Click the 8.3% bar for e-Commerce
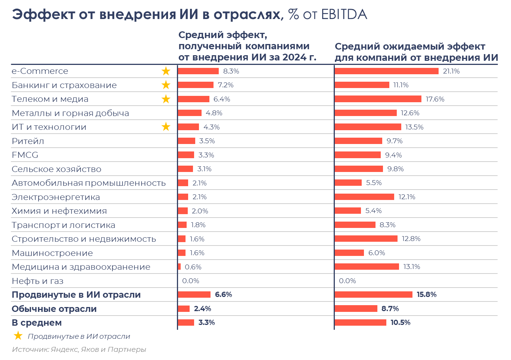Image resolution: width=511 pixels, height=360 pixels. pyautogui.click(x=198, y=71)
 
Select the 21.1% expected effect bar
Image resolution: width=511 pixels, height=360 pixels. pyautogui.click(x=386, y=71)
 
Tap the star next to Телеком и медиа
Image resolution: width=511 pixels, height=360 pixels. pyautogui.click(x=166, y=99)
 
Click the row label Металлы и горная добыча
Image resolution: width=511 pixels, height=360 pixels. pyautogui.click(x=70, y=113)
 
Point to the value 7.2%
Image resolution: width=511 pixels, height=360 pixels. pyautogui.click(x=226, y=85)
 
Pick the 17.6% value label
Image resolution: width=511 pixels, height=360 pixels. pyautogui.click(x=435, y=99)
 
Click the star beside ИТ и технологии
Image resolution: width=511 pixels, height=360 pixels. pyautogui.click(x=166, y=127)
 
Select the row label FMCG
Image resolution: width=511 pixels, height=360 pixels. pyautogui.click(x=25, y=155)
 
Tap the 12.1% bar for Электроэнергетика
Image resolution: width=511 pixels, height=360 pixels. pyautogui.click(x=364, y=197)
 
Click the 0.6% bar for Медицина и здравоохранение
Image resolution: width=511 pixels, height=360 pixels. pyautogui.click(x=179, y=267)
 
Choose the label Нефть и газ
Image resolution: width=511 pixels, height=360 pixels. pyautogui.click(x=37, y=281)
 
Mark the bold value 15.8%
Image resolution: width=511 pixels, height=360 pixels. pyautogui.click(x=427, y=295)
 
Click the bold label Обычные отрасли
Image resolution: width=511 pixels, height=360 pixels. pyautogui.click(x=54, y=309)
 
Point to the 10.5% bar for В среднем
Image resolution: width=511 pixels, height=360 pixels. pyautogui.click(x=360, y=323)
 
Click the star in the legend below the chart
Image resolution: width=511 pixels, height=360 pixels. pyautogui.click(x=18, y=336)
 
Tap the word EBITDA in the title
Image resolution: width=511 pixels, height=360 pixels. pyautogui.click(x=344, y=15)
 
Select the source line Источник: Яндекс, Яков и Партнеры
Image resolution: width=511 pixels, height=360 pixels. pyautogui.click(x=79, y=350)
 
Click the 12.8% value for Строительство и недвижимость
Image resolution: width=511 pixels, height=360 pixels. pyautogui.click(x=411, y=239)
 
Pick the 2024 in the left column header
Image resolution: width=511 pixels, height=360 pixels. pyautogui.click(x=293, y=57)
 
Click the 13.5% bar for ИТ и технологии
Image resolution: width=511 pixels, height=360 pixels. pyautogui.click(x=368, y=127)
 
